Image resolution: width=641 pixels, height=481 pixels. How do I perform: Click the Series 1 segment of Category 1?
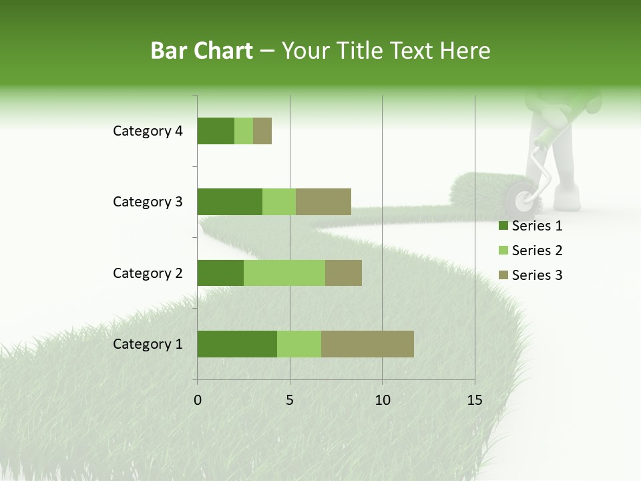pos(237,344)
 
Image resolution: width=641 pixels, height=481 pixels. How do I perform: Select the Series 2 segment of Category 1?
pos(299,344)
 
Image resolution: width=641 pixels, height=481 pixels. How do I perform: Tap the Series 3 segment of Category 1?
pos(367,344)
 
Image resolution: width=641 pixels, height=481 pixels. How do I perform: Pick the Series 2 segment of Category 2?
pos(284,273)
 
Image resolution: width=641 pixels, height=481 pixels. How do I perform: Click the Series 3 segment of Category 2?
pos(343,273)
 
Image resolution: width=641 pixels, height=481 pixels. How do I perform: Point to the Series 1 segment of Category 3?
pos(230,202)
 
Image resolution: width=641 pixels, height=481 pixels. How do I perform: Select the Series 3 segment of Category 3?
pos(323,202)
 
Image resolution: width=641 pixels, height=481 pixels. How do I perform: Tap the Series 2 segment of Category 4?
pos(244,131)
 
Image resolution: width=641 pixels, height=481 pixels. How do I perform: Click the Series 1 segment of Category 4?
pos(216,131)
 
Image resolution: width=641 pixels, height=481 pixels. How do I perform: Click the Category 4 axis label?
pos(148,131)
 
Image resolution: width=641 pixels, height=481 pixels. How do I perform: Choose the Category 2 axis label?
pos(148,273)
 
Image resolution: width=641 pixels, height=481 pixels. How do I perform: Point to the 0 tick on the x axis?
pos(198,400)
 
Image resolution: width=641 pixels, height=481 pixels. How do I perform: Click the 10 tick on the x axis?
pos(382,400)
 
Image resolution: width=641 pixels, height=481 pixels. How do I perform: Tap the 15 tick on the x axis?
pos(475,400)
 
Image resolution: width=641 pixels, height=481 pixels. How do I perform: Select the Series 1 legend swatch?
pos(503,226)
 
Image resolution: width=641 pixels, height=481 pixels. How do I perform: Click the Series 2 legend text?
pos(537,251)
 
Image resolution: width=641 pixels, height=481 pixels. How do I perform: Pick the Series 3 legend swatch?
pos(503,275)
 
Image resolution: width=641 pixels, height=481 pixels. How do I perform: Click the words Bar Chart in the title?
pos(202,51)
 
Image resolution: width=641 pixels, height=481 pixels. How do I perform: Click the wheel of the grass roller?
pos(521,200)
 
